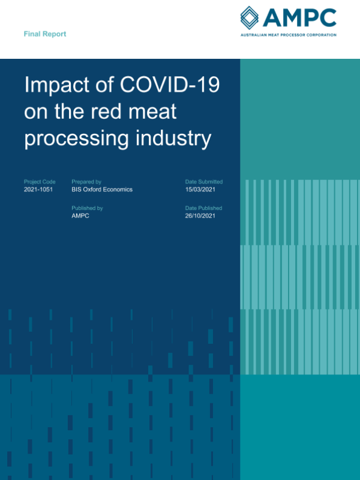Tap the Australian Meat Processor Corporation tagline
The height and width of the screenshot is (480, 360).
pyautogui.click(x=287, y=35)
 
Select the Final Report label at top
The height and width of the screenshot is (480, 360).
pyautogui.click(x=45, y=34)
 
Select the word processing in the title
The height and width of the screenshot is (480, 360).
pyautogui.click(x=77, y=139)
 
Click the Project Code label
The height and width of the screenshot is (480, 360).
pyautogui.click(x=40, y=182)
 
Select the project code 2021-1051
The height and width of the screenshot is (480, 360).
pyautogui.click(x=40, y=190)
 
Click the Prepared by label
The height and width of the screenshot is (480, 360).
pyautogui.click(x=86, y=182)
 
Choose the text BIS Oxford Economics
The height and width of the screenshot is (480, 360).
pyautogui.click(x=102, y=190)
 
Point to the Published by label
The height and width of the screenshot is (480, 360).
pyautogui.click(x=87, y=208)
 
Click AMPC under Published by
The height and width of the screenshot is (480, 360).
pyautogui.click(x=80, y=216)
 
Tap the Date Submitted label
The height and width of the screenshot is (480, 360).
pyautogui.click(x=204, y=182)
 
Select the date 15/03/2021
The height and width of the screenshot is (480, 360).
pyautogui.click(x=201, y=190)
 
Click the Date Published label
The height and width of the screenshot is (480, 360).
pyautogui.click(x=203, y=208)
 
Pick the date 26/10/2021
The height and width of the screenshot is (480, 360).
pyautogui.click(x=201, y=216)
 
